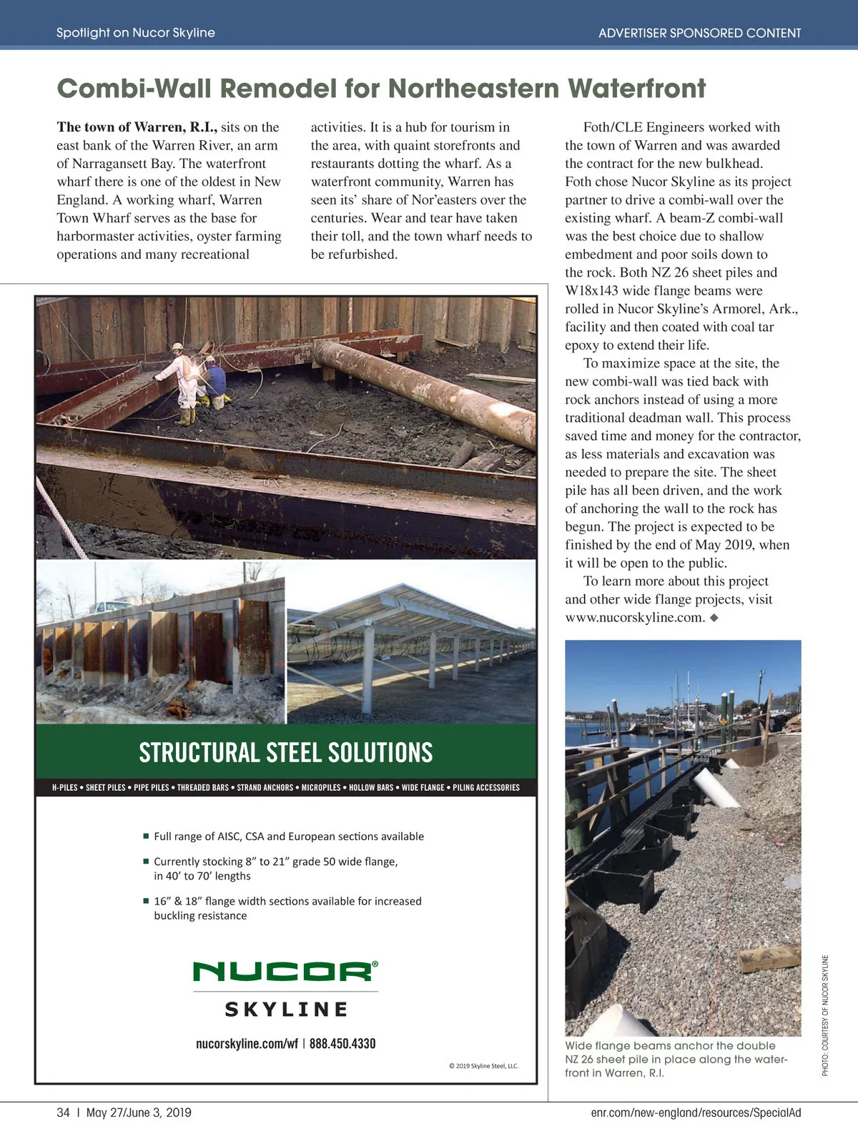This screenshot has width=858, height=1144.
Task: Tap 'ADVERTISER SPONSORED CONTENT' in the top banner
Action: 699,33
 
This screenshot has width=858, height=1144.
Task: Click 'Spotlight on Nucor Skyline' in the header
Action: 136,33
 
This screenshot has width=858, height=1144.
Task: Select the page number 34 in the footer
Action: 64,1113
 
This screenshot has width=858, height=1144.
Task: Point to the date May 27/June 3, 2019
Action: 139,1113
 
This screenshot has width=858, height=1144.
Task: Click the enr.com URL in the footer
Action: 696,1113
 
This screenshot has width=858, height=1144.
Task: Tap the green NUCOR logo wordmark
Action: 284,972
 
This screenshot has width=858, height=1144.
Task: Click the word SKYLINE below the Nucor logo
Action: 286,1010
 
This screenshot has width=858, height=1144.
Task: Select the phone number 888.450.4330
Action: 342,1044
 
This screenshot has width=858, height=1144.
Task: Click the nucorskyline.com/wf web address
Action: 247,1044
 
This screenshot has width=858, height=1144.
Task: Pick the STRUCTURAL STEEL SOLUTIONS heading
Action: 286,753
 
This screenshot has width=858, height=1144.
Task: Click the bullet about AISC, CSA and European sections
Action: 288,837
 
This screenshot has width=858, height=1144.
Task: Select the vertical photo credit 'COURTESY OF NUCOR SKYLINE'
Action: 825,1015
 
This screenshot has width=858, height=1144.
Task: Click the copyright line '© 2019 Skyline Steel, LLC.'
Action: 483,1066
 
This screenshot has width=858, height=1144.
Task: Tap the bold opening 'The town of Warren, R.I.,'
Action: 137,127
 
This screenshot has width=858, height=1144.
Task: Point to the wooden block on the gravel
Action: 770,958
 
